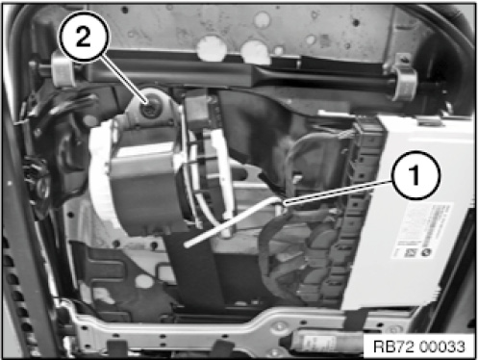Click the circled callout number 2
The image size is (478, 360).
84,36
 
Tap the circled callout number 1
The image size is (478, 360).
415,175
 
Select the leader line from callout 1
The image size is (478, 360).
339,192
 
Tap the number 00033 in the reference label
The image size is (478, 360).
441,347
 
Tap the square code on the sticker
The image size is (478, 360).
410,252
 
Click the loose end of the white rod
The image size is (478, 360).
188,245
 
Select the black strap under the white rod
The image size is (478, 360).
195,272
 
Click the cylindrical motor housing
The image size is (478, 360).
144,190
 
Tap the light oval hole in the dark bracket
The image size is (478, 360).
143,282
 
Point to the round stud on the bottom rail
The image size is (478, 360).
280,326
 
